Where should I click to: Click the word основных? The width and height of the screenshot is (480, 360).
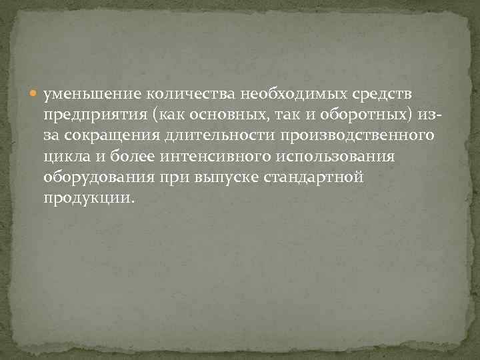coord(225,117)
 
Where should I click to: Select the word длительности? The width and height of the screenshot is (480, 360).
coord(221,138)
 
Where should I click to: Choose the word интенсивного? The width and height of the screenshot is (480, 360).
coord(218,159)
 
